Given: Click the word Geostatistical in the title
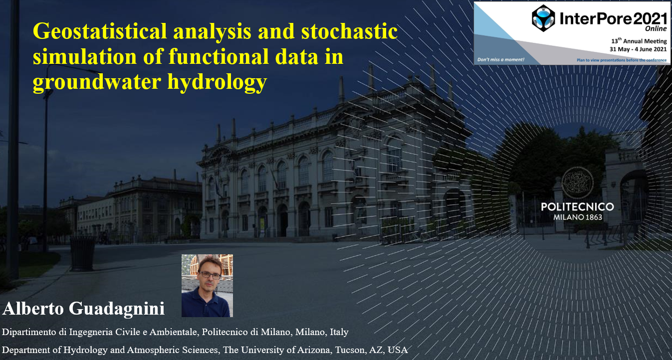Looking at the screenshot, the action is (100, 32).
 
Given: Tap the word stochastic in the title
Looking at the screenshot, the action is (350, 31).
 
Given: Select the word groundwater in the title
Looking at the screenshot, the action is (97, 82).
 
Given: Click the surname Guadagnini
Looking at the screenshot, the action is (117, 309).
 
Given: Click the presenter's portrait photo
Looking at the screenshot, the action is (208, 286).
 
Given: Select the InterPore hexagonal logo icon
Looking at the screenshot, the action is (543, 18).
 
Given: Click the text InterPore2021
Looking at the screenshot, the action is (613, 19).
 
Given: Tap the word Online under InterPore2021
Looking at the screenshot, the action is (656, 29).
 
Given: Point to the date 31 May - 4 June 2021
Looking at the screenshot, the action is (638, 49).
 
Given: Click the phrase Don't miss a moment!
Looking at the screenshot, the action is (501, 60).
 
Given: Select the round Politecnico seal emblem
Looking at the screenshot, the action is (578, 183).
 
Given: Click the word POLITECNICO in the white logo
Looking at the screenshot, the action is (578, 207).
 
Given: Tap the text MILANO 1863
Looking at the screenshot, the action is (578, 217).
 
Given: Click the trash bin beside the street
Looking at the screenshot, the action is (82, 253).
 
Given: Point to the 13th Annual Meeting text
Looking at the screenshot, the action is (639, 41).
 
